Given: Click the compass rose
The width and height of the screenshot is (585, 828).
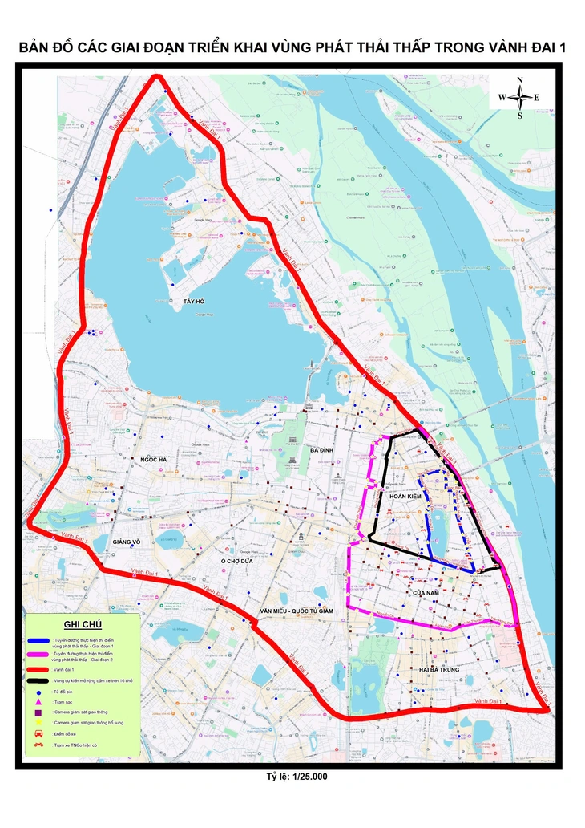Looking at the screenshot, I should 519,97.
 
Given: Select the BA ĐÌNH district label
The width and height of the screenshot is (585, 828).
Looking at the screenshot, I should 321,450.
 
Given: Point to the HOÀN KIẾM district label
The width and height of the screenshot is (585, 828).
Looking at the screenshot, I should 405,497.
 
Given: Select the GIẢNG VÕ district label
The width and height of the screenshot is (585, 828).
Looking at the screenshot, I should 127,542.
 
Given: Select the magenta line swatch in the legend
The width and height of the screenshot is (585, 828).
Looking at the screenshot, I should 38,655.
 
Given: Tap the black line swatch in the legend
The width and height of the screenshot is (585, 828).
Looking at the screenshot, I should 38,680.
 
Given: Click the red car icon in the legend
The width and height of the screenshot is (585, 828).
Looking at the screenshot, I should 38,733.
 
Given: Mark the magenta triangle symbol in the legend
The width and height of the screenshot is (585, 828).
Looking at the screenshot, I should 38,702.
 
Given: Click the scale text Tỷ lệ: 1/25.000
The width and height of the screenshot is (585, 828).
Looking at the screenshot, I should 297,777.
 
